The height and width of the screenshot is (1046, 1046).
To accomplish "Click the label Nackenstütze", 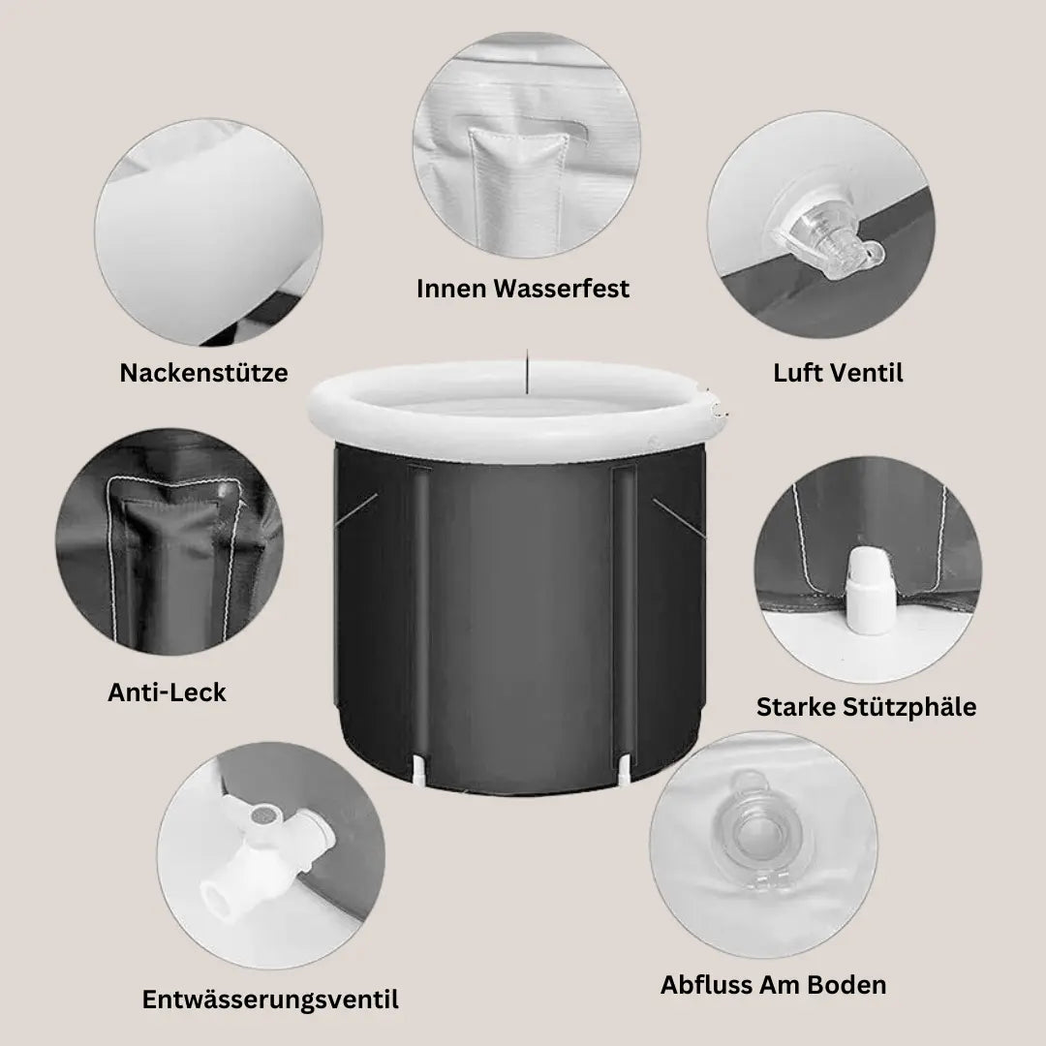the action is (203, 373).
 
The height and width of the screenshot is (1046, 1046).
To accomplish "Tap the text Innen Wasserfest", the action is (523, 289).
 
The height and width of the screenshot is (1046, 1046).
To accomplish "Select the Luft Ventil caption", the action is (838, 373).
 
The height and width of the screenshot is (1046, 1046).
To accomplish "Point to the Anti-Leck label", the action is (167, 692).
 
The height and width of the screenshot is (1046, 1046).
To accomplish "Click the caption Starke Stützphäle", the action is (866, 707).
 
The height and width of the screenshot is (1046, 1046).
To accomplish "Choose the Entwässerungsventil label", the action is (270, 1000).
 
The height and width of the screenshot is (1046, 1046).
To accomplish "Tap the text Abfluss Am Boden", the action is (773, 985).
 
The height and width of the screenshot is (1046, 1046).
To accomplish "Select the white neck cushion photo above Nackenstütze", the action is (208, 232).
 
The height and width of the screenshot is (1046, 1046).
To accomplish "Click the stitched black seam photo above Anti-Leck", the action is (169, 541).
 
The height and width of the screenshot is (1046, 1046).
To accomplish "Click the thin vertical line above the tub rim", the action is (527, 371).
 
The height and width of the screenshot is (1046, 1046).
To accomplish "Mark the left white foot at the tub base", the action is (418, 768).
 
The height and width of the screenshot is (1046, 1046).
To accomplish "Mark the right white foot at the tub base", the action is (624, 768).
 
